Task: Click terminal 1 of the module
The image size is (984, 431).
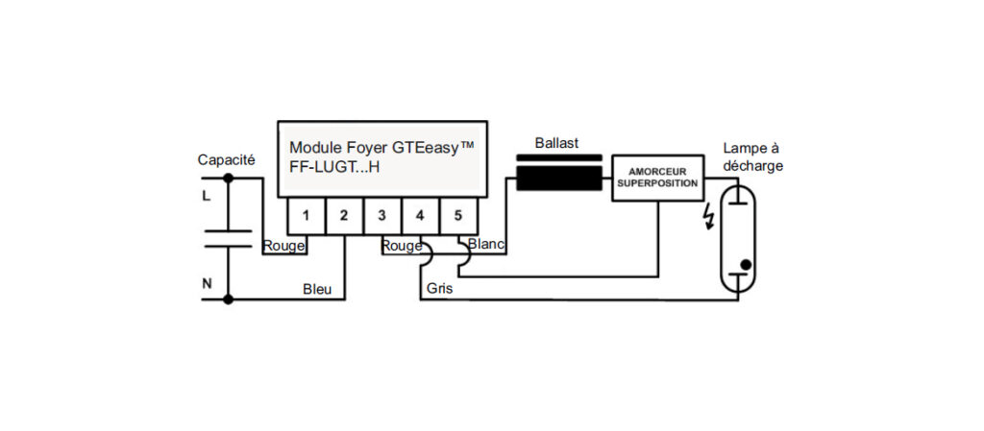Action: coord(305,214)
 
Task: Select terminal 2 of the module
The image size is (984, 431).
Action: coord(343,214)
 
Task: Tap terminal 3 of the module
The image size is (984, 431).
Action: coord(382,214)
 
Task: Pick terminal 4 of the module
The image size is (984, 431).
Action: coord(421,214)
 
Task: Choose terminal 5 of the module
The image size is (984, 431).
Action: coord(459,214)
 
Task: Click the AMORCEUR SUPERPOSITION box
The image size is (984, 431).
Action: coord(657,178)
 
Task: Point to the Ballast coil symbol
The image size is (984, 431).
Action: coord(559,178)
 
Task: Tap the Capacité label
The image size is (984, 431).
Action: coord(226,160)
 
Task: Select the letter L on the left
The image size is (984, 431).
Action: coord(206,196)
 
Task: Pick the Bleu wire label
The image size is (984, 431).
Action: coord(317,289)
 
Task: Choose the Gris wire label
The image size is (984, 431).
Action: coord(438,288)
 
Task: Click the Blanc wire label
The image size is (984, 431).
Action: coord(486,245)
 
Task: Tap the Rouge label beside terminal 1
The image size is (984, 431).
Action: coord(283,246)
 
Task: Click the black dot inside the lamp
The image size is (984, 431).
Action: coord(746,263)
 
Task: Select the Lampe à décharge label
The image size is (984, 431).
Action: coord(752,157)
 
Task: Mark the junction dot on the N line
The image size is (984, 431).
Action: coord(228,299)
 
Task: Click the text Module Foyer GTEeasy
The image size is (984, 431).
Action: coord(381,148)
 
